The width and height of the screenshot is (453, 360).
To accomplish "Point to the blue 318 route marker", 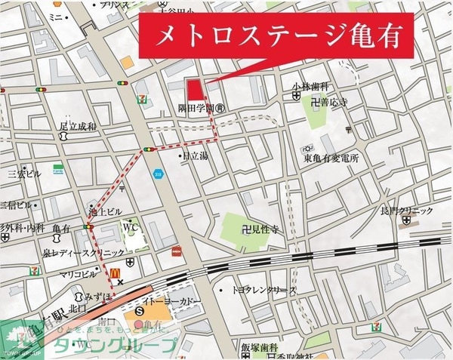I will (158, 174).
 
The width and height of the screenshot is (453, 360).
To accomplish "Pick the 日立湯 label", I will (195, 156).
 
